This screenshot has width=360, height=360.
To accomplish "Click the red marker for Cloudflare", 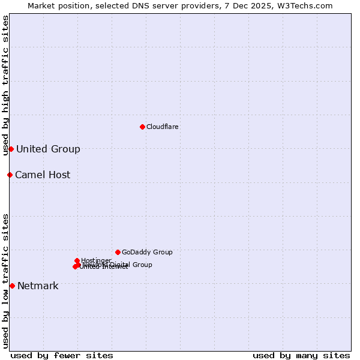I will click(x=142, y=127).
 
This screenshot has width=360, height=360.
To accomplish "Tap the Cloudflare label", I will click(x=162, y=127).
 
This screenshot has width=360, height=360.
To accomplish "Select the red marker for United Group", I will click(x=11, y=149).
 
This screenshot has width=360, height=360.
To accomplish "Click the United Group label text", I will click(x=48, y=149).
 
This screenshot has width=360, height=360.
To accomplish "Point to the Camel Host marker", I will click(x=10, y=175).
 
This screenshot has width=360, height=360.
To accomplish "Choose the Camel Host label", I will click(x=43, y=175).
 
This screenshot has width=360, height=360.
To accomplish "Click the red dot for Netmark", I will click(x=12, y=286).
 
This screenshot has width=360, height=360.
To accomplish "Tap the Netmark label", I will click(x=38, y=286).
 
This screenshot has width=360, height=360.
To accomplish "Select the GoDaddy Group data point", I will click(x=118, y=252).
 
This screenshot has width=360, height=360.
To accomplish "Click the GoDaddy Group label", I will click(x=147, y=252).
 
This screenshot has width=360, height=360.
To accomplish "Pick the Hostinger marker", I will click(x=77, y=260).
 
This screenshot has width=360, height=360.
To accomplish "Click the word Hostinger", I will click(x=96, y=260).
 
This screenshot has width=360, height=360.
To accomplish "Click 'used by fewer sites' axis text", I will click(x=62, y=355).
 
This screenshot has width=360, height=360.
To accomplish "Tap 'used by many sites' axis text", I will click(x=301, y=355).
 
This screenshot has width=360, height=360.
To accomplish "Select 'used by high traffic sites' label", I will click(x=5, y=85).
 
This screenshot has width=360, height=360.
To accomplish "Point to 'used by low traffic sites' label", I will click(x=5, y=280).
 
